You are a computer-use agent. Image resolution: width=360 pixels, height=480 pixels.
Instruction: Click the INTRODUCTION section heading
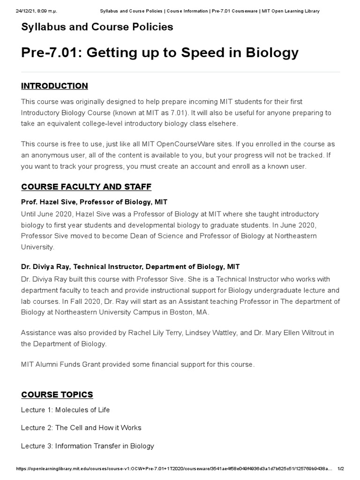(x=54, y=86)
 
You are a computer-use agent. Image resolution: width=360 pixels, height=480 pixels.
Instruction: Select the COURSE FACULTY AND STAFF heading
(x=86, y=187)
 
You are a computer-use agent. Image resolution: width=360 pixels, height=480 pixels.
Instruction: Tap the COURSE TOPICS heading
(x=57, y=394)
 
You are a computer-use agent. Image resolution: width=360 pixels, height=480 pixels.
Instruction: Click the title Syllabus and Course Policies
(x=97, y=27)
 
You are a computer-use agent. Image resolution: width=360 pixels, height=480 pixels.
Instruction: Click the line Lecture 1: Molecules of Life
(x=65, y=410)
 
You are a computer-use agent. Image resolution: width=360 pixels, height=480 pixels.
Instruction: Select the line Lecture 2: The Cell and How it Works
(x=81, y=427)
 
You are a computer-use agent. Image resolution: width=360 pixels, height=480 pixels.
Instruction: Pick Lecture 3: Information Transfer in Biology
(x=87, y=446)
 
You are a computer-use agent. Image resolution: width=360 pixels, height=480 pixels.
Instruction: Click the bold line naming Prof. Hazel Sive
(x=94, y=202)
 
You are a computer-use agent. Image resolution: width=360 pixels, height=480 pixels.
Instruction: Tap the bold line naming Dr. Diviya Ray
(x=130, y=266)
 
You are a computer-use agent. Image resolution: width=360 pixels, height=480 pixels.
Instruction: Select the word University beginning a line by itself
(x=37, y=247)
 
